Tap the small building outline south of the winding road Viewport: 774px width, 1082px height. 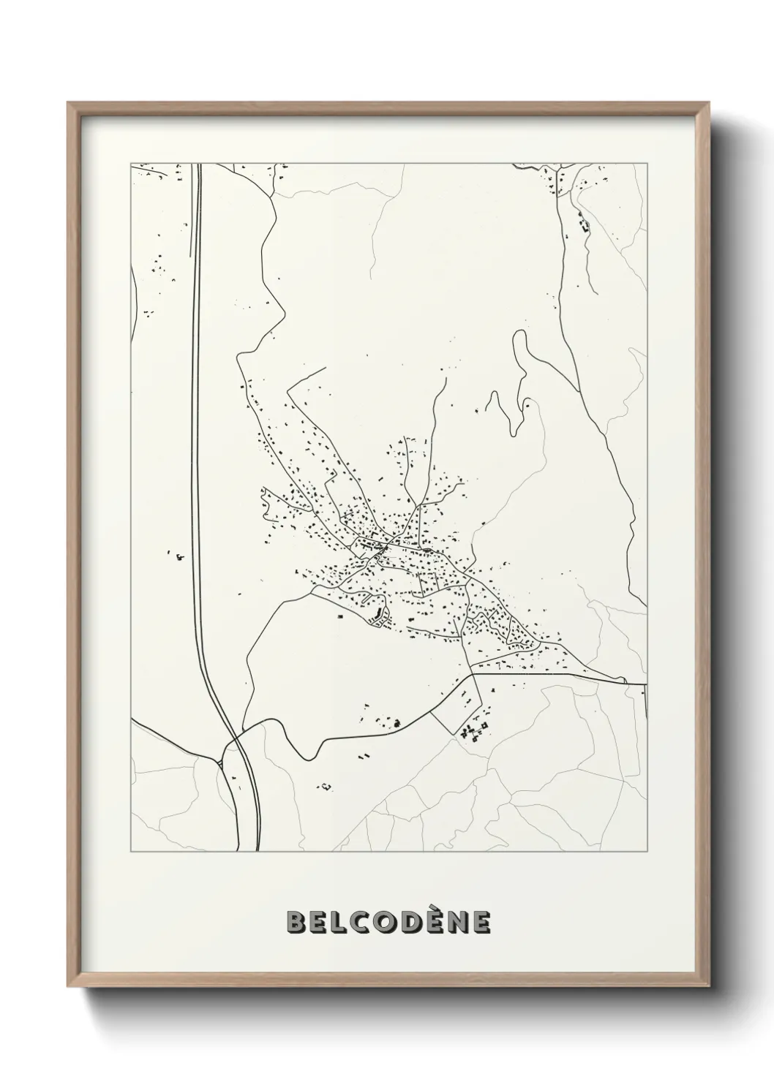point(325,787)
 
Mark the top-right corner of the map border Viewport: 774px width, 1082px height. point(647,163)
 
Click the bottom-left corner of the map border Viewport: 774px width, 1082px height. point(131,852)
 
